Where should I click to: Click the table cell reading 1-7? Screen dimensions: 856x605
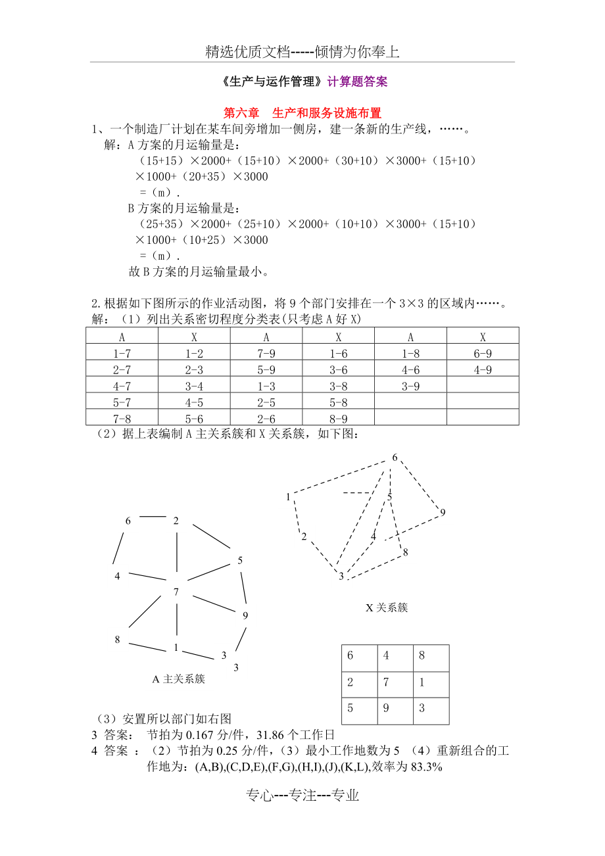coord(122,354)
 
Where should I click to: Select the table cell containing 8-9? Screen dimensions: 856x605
coord(338,419)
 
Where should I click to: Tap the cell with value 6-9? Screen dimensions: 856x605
coord(483,354)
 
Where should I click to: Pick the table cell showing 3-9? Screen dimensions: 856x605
coord(410,387)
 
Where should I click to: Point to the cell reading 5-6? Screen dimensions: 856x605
coord(194,419)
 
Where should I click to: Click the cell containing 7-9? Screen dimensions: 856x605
coord(266,354)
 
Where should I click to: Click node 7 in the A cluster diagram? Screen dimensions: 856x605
coord(176,592)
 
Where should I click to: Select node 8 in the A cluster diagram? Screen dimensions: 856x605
coord(118,640)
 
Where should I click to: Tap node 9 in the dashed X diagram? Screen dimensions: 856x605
coord(443,513)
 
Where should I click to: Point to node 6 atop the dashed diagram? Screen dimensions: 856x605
coord(395,458)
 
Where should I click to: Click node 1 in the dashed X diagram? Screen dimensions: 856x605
coord(288,497)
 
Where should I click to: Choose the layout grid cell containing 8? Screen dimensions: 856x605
coord(431,656)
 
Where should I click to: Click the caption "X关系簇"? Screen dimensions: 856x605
coord(387,607)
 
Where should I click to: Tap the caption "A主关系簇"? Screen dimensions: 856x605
coord(179,679)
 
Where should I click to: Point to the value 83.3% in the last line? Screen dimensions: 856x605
coord(426,767)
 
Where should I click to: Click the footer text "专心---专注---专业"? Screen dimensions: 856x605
coord(302,796)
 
